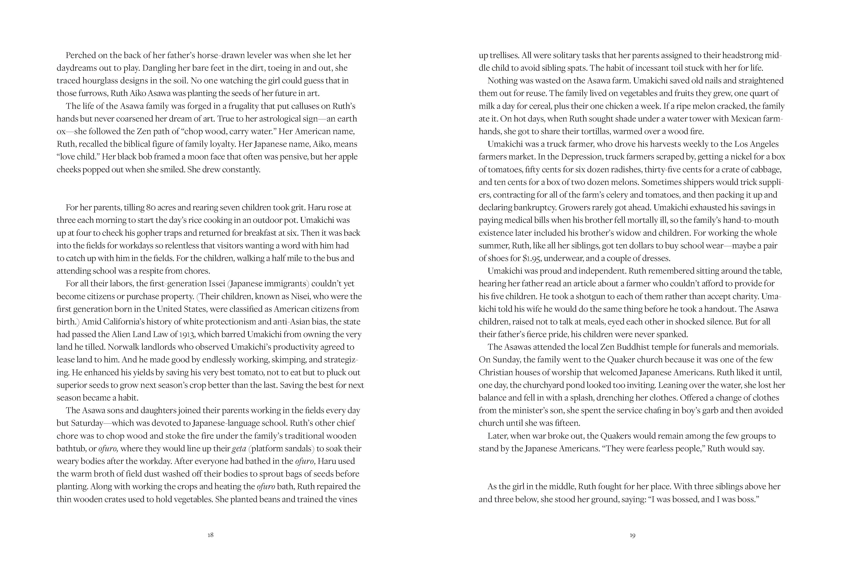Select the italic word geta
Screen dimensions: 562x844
coord(239,448)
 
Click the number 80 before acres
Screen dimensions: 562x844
coord(150,208)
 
